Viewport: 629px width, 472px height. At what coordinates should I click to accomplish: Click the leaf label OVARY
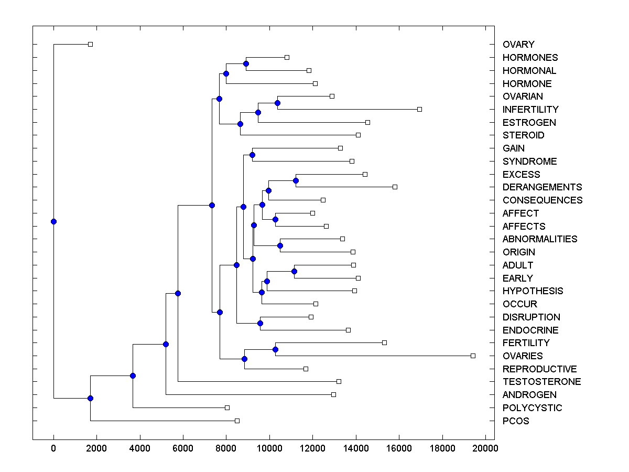coord(518,45)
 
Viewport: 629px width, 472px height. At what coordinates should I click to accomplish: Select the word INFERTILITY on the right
coord(530,110)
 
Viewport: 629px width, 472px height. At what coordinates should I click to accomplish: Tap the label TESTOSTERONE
coord(541,382)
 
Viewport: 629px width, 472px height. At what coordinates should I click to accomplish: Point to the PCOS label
coord(516,421)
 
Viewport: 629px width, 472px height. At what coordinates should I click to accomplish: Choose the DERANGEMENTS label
coord(542,187)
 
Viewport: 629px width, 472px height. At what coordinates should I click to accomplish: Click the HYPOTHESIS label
coord(533,291)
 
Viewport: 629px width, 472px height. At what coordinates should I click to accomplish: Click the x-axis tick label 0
coord(53,448)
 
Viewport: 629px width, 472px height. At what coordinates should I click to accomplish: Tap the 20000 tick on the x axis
coord(485,448)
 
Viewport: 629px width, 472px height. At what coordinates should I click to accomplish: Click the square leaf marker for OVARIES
coord(473,356)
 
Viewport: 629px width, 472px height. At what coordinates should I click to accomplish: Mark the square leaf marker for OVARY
coord(90,44)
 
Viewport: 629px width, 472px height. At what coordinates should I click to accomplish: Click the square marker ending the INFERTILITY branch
coord(419,109)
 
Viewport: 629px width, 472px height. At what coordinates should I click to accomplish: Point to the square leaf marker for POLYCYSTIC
coord(227,407)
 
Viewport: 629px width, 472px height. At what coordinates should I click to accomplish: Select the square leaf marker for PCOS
coord(237,421)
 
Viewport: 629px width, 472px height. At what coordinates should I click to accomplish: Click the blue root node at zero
coord(53,221)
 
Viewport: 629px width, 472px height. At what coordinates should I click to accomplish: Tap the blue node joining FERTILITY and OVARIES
coord(275,349)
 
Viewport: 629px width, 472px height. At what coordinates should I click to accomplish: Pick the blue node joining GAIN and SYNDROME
coord(252,155)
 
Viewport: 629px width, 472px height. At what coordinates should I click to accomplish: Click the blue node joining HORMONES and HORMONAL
coord(246,63)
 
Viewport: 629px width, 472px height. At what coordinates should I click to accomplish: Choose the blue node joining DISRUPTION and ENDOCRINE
coord(260,323)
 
